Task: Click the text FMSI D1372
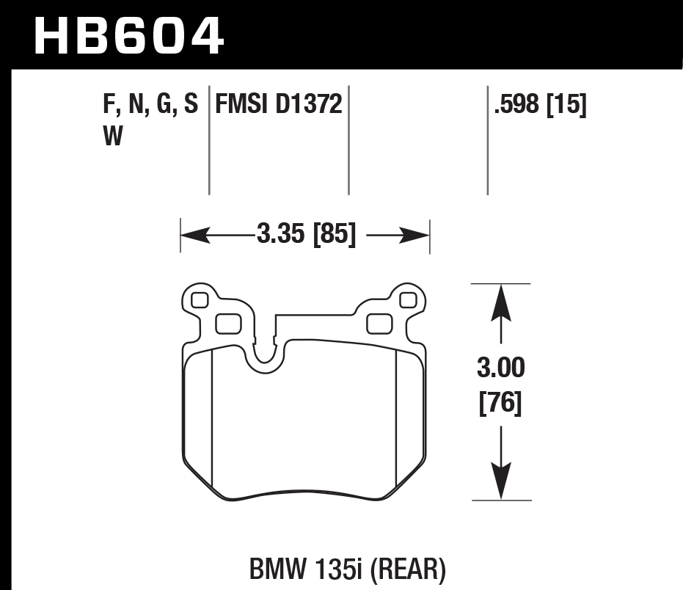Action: click(x=279, y=105)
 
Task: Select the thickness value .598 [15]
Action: click(x=541, y=105)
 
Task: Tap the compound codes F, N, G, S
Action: click(x=151, y=105)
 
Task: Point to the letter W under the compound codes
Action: click(x=113, y=137)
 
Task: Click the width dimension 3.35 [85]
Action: click(x=306, y=235)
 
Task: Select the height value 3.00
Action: click(x=500, y=366)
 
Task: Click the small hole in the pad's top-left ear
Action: click(x=198, y=299)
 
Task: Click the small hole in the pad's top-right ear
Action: click(x=408, y=299)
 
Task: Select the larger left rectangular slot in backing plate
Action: click(x=229, y=322)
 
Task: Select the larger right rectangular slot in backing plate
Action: click(x=379, y=322)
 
